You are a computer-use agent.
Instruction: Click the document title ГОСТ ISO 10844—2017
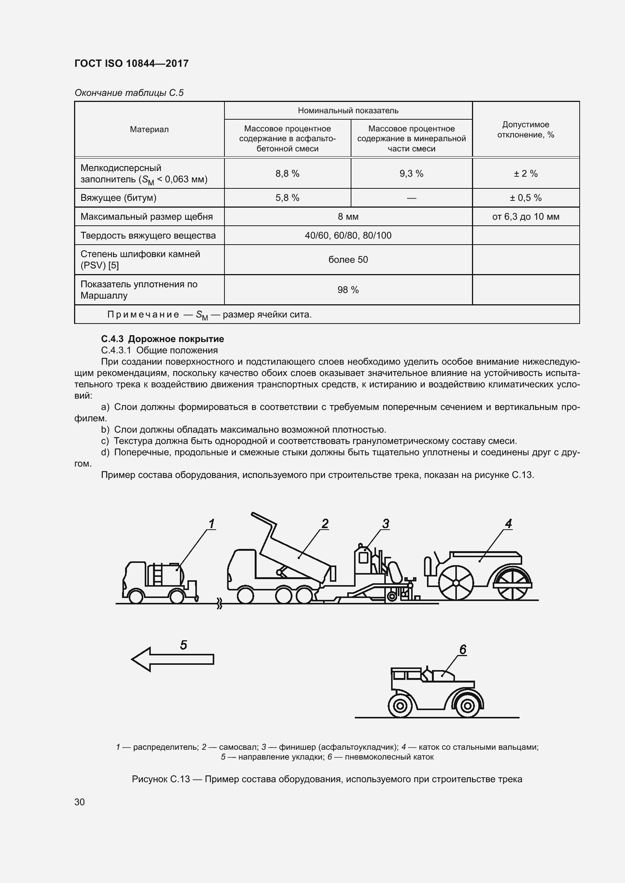(131, 63)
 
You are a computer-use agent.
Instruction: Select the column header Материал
(149, 129)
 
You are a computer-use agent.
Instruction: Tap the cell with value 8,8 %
(287, 174)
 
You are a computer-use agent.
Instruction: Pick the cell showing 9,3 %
(411, 174)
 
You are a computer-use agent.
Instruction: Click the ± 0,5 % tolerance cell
(525, 198)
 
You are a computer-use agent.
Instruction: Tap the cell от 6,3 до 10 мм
(525, 217)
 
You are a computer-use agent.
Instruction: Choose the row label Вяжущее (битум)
(119, 198)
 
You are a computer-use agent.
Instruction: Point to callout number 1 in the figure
(211, 524)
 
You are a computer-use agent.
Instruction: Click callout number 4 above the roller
(508, 524)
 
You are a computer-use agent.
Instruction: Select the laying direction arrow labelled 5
(172, 659)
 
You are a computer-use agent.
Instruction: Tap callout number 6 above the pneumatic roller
(463, 650)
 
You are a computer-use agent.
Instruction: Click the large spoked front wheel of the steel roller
(456, 583)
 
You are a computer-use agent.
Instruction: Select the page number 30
(80, 802)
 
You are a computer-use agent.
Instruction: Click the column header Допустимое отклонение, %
(525, 129)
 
